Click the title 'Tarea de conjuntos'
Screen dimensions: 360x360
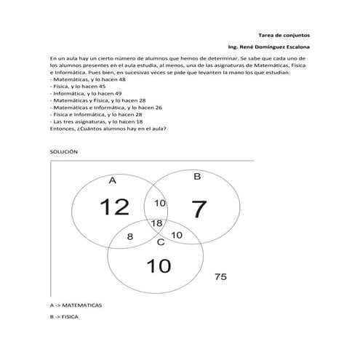click(x=284, y=35)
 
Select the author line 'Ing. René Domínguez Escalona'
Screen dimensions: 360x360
click(x=269, y=47)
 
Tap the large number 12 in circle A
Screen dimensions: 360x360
click(x=114, y=207)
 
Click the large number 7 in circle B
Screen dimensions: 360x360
click(x=199, y=209)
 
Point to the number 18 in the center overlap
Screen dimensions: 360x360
click(x=156, y=223)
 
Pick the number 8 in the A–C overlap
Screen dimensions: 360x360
click(x=130, y=236)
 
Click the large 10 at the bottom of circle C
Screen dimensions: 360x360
click(x=159, y=265)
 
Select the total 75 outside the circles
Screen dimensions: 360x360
click(x=220, y=276)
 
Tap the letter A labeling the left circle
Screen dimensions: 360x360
click(x=113, y=180)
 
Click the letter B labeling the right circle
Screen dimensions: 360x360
click(x=197, y=176)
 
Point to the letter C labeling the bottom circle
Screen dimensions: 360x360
click(x=161, y=242)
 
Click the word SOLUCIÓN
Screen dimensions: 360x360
click(x=64, y=152)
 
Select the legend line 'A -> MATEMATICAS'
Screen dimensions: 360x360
click(x=76, y=305)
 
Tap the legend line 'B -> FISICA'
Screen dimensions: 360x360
click(x=64, y=317)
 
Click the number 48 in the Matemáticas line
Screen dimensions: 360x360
click(x=122, y=79)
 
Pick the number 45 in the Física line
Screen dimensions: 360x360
click(x=102, y=87)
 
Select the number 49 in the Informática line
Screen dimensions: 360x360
click(x=119, y=93)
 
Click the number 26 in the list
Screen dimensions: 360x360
click(x=159, y=108)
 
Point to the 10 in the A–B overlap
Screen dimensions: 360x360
click(x=160, y=203)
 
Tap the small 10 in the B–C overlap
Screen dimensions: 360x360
click(x=177, y=235)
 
